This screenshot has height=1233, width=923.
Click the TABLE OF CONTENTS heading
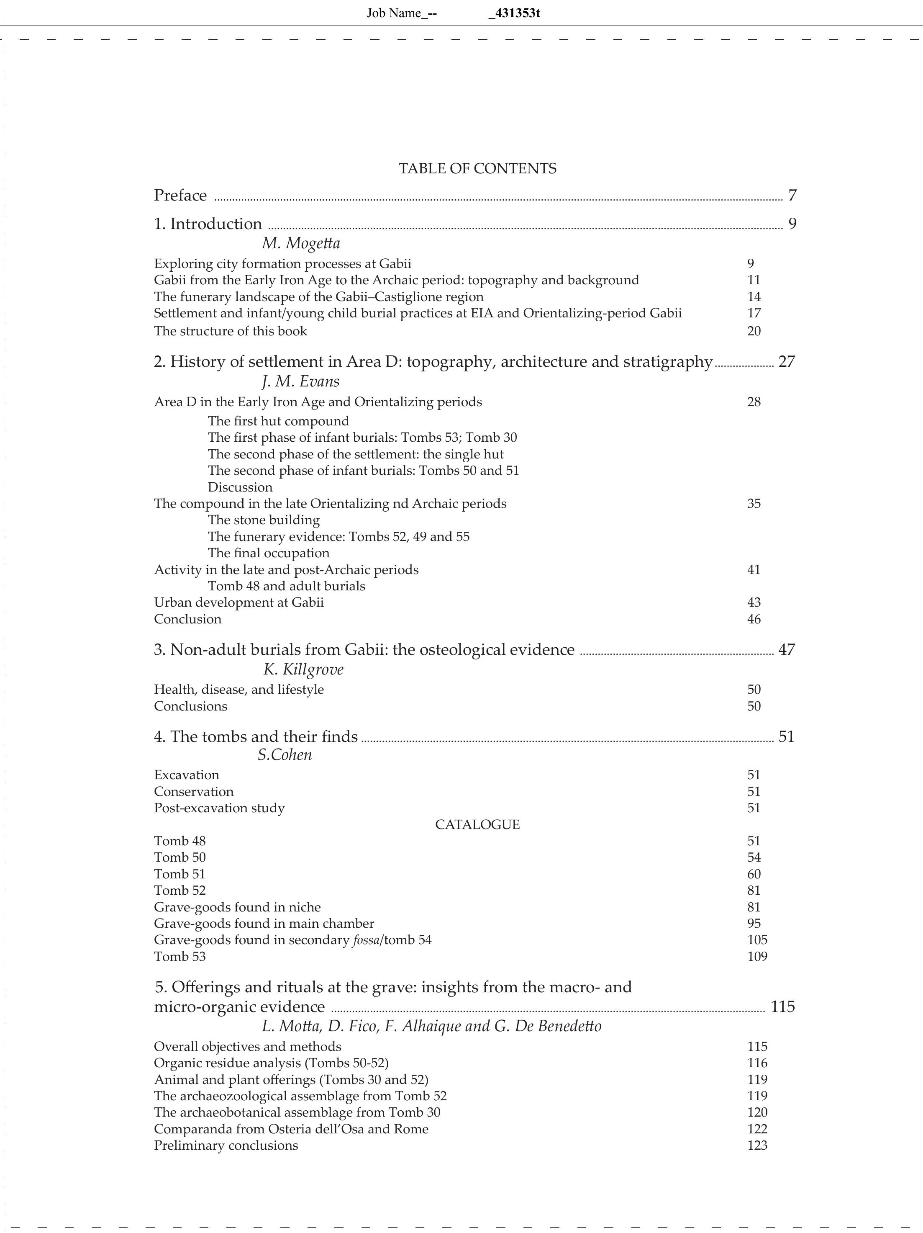[477, 168]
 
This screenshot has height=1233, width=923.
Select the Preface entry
[180, 196]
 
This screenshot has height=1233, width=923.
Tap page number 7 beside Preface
[792, 196]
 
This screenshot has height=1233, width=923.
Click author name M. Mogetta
[300, 244]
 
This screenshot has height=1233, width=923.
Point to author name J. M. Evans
[300, 381]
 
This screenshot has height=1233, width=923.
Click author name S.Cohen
[285, 755]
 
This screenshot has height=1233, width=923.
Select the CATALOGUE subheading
[477, 824]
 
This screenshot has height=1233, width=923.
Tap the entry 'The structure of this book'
[230, 331]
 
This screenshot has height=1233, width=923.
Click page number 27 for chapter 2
[787, 362]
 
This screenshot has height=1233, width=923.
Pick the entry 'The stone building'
[264, 520]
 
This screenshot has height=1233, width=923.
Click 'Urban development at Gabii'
[238, 602]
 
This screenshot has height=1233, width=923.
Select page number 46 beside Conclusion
[754, 619]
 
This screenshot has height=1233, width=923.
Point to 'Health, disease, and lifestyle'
[238, 690]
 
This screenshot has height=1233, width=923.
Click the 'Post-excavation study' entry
[219, 808]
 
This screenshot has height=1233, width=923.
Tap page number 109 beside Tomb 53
[757, 957]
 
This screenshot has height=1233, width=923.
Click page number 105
[757, 940]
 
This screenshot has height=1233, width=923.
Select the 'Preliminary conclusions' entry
[226, 1145]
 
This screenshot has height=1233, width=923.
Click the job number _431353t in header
[513, 13]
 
